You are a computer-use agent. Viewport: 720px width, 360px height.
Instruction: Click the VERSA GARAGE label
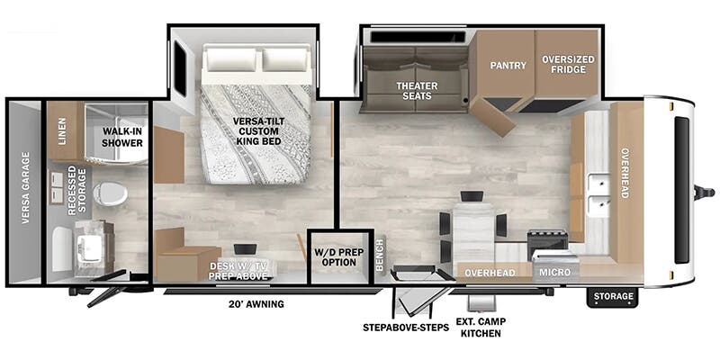click(25, 188)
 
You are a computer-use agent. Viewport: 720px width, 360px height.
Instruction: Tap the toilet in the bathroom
click(110, 193)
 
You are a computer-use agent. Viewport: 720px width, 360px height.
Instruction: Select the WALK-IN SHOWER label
click(122, 137)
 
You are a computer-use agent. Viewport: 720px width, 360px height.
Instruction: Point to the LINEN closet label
click(62, 130)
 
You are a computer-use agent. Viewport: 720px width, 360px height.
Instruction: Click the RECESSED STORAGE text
click(76, 190)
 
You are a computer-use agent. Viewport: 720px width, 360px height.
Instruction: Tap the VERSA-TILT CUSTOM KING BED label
click(258, 130)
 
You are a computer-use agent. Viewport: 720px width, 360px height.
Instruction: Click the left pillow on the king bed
click(231, 59)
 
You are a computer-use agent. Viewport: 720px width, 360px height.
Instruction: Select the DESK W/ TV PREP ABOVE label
click(238, 271)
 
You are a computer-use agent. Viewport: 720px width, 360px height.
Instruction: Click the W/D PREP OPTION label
click(339, 257)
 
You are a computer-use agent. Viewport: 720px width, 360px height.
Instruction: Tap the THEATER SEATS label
click(417, 91)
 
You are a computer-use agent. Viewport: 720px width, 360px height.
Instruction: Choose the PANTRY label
click(508, 65)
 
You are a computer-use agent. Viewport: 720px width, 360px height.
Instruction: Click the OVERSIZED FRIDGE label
click(568, 64)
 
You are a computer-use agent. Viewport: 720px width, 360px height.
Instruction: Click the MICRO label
click(554, 273)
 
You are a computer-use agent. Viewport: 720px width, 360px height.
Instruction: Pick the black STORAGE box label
click(613, 296)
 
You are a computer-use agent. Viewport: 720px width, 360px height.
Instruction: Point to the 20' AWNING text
click(256, 304)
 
